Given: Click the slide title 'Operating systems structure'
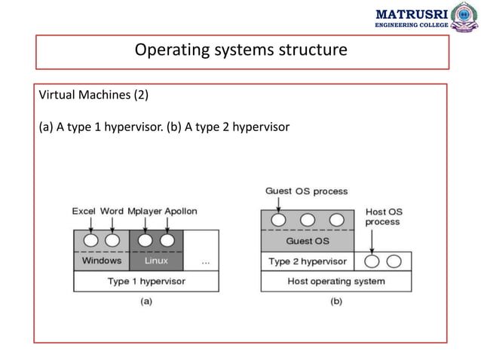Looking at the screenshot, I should coord(240,50).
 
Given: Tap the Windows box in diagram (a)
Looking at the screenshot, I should coord(101,261).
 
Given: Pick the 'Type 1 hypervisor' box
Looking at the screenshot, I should coord(146,281).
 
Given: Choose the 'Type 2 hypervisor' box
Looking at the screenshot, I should coord(308,261).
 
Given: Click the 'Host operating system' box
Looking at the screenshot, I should coord(336,281).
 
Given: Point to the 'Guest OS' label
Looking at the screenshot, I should coord(307,241).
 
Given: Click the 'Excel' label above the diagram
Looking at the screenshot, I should coord(84,211).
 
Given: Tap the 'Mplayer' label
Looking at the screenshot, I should coord(143,211).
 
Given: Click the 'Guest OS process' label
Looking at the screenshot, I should coord(306,191).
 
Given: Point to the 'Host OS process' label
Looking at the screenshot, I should coord(383,216).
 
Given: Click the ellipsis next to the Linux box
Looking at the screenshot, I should coord(205,261).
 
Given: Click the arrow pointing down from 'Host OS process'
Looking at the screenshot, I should coord(373,239).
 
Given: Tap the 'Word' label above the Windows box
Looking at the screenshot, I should coord(112,211).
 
